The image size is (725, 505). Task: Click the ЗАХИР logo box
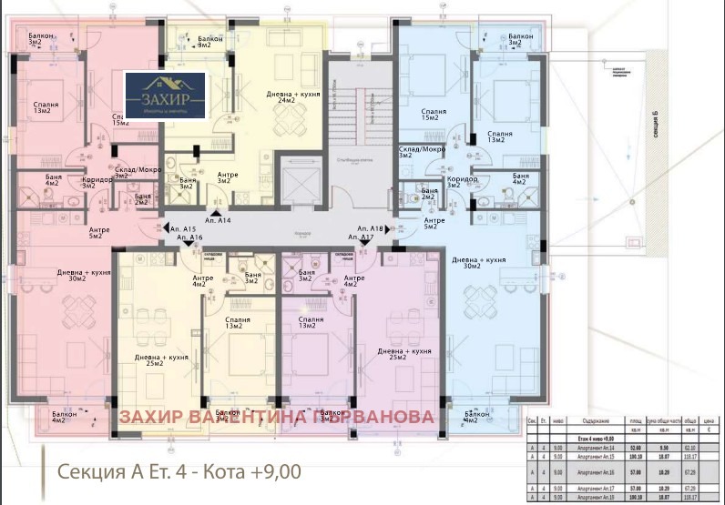pyautogui.click(x=166, y=96)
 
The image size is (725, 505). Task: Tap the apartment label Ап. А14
pyautogui.click(x=218, y=220)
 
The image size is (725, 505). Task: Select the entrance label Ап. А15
pyautogui.click(x=184, y=228)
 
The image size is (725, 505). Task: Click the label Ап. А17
pyautogui.click(x=362, y=237)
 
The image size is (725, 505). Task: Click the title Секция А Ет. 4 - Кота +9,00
pyautogui.click(x=179, y=471)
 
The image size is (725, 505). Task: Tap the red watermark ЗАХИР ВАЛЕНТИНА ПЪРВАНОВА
pyautogui.click(x=277, y=417)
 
